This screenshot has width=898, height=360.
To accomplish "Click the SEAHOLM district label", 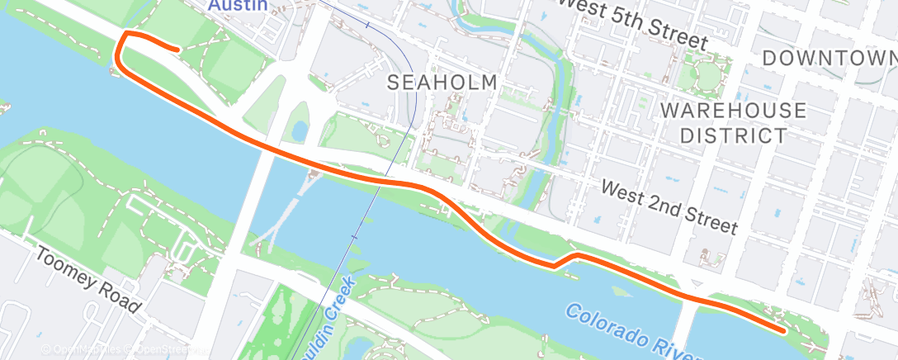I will pyautogui.click(x=442, y=83).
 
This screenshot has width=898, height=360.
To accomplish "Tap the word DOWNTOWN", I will pyautogui.click(x=829, y=58).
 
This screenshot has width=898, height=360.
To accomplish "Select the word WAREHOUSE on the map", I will pyautogui.click(x=733, y=111).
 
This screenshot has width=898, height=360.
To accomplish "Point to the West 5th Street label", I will pyautogui.click(x=632, y=23).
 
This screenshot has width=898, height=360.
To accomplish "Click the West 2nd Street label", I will pyautogui.click(x=669, y=206).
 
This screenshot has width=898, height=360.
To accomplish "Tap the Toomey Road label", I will pyautogui.click(x=87, y=279).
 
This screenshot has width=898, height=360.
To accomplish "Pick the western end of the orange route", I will pyautogui.click(x=177, y=50).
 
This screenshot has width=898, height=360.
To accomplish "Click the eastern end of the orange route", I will pyautogui.click(x=782, y=330).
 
